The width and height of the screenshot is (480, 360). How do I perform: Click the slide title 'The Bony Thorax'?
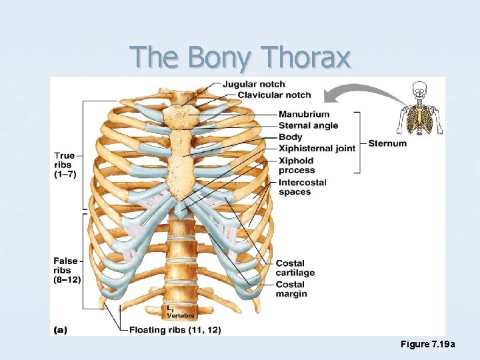[x=240, y=58]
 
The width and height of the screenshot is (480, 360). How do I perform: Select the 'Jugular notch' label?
[x=253, y=84]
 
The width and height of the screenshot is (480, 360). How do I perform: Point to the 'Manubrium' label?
[x=303, y=114]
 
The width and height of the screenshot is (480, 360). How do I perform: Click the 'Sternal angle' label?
[x=308, y=125]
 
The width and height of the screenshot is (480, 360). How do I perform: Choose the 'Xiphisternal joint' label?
[x=317, y=148]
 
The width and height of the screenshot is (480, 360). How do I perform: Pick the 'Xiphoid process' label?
[x=296, y=165]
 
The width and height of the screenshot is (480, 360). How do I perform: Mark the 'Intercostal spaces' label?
[x=302, y=187]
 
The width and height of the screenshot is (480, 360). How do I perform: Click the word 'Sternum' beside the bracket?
[x=387, y=143]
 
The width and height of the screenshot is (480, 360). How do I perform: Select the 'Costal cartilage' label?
[x=295, y=268]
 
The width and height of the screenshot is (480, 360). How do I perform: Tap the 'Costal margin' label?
[x=291, y=289]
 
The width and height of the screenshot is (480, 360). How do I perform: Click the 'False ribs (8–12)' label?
[x=67, y=270]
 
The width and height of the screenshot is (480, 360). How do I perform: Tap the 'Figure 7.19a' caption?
[x=427, y=344]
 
